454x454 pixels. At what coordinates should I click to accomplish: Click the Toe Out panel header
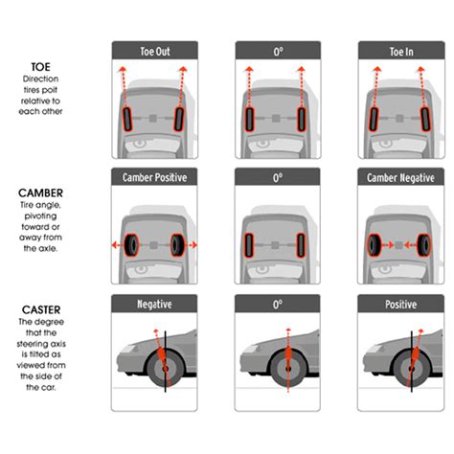tap(154, 51)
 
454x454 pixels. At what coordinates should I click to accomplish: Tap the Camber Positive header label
tap(154, 177)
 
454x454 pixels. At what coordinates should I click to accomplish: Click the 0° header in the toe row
tap(277, 51)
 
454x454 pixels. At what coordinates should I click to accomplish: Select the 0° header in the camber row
tap(277, 177)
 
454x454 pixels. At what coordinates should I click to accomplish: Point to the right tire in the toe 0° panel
tap(302, 119)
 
